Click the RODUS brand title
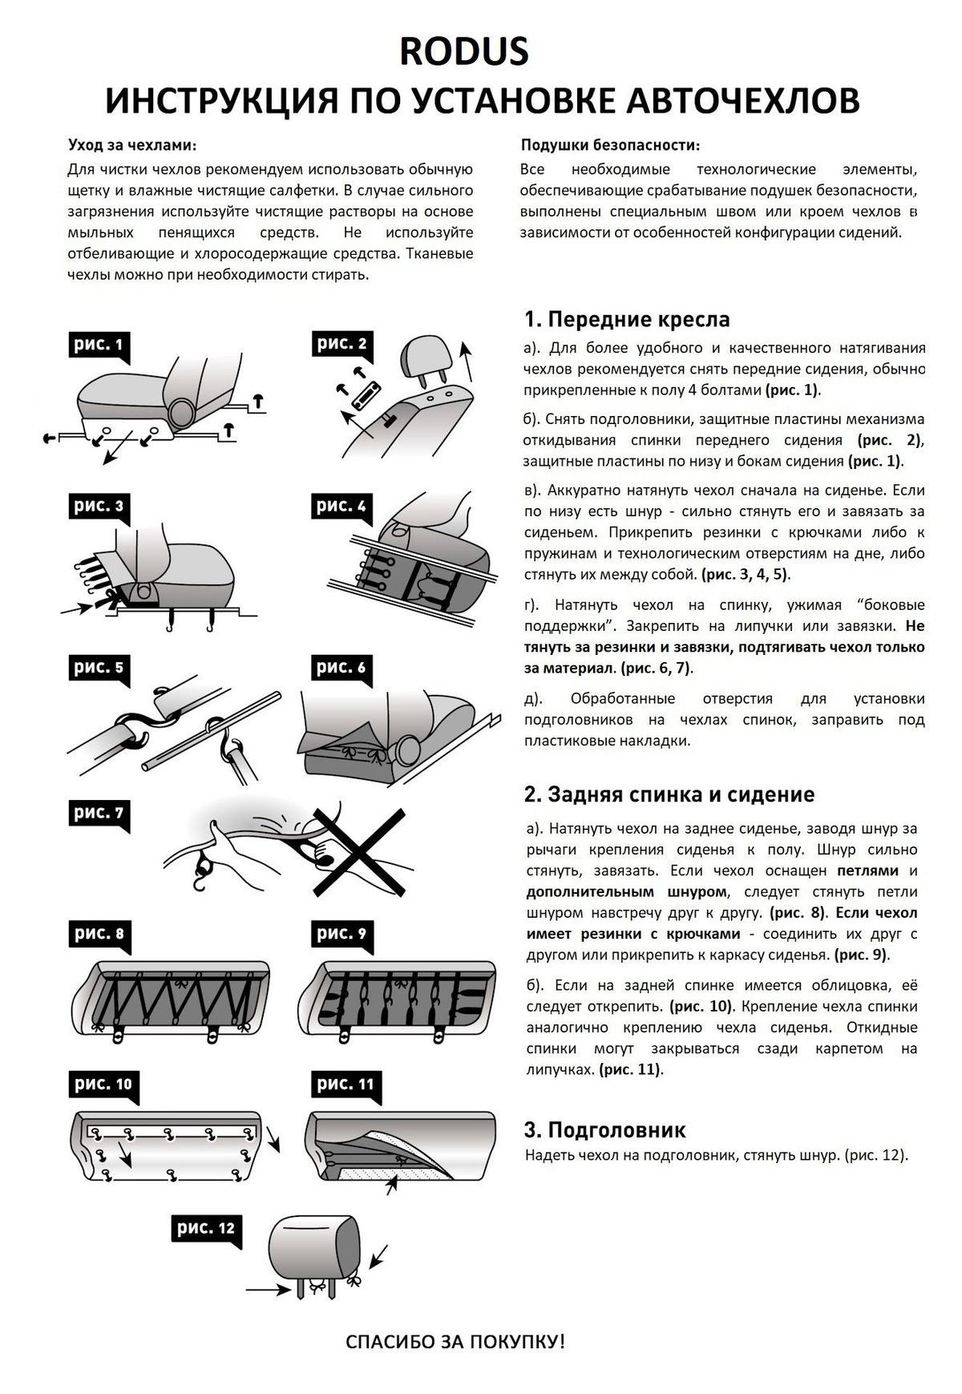coord(464,51)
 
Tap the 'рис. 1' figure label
coord(99,345)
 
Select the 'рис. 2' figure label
coord(342,345)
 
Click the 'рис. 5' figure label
coord(99,668)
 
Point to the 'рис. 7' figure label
coord(99,813)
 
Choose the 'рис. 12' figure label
coord(206,1228)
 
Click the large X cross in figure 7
coord(358,851)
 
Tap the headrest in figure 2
coord(428,358)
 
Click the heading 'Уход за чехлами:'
coord(133,145)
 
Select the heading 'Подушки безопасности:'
coord(610,145)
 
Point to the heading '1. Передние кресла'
coord(626,319)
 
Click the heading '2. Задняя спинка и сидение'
coord(669,794)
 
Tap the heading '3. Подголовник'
coord(604,1130)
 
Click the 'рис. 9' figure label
coord(342,934)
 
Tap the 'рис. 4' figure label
coord(342,506)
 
